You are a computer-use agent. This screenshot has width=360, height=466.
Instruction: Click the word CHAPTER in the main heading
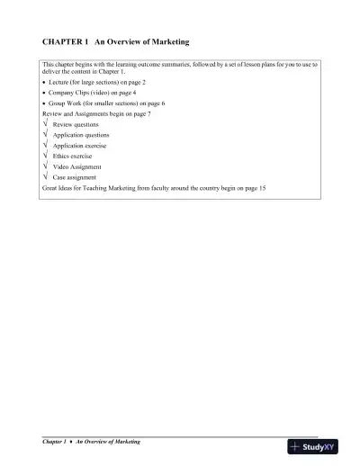(62, 42)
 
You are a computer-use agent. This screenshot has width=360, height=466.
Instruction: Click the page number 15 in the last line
(263, 188)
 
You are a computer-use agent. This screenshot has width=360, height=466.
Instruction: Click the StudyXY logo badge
(312, 446)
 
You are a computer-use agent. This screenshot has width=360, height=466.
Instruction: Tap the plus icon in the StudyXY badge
(295, 446)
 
